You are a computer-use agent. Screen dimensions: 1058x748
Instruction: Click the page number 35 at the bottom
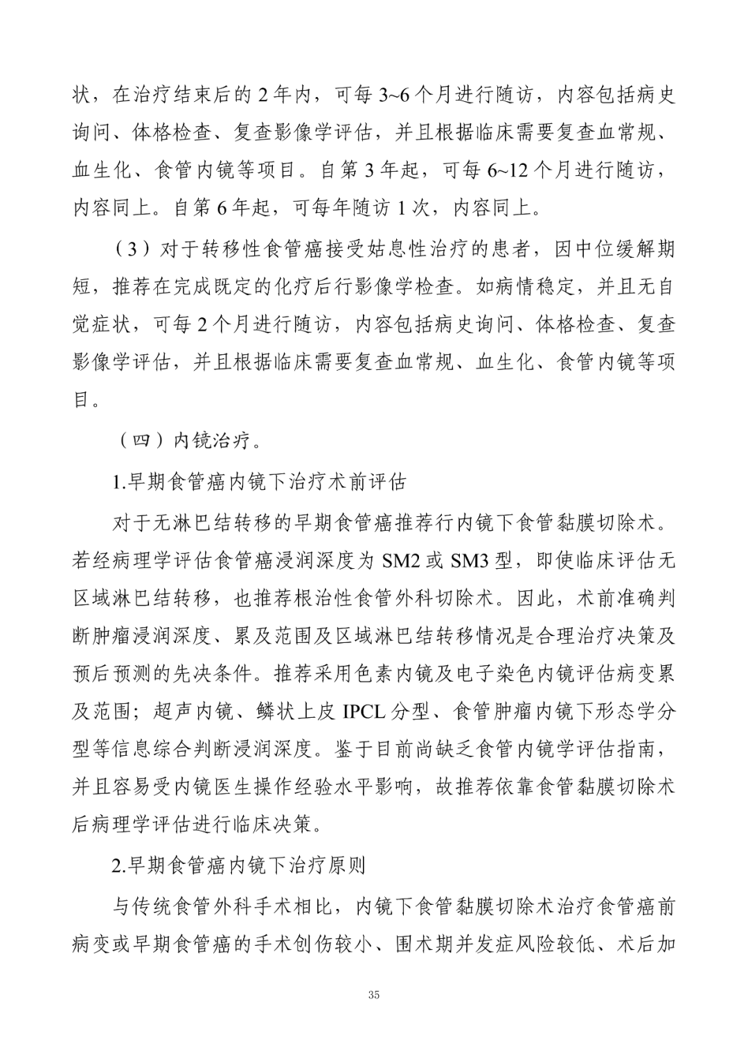[x=374, y=995]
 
